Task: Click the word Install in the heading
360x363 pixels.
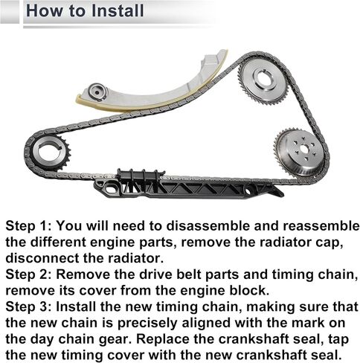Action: pos(118,11)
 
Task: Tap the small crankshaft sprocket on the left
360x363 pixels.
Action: pos(51,153)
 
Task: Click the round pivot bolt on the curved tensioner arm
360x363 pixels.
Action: pos(97,92)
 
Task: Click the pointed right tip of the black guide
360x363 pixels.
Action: pos(283,193)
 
